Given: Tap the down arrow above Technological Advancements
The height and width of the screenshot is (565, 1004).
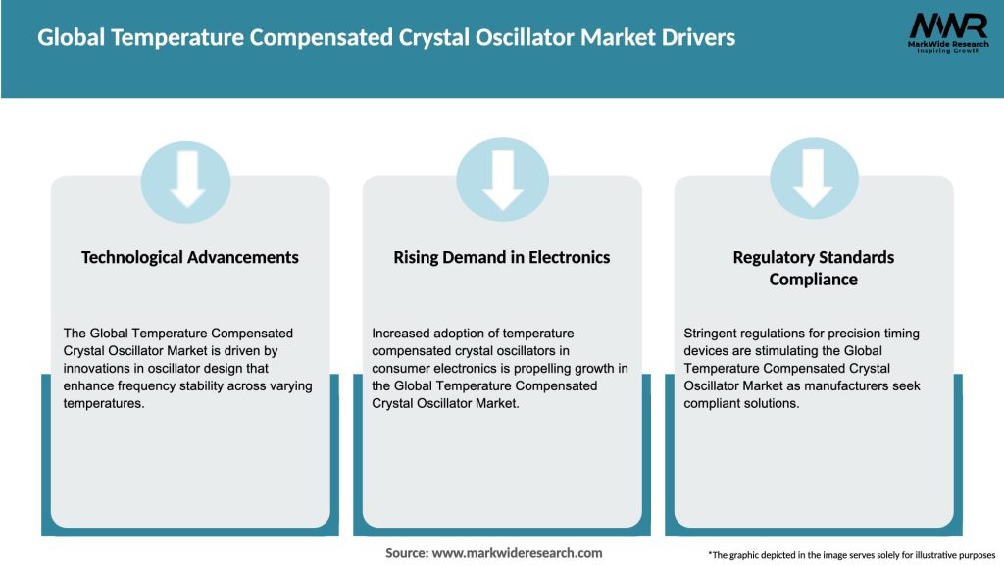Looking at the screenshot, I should [186, 179].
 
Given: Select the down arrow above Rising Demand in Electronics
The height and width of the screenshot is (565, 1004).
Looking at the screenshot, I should [502, 179].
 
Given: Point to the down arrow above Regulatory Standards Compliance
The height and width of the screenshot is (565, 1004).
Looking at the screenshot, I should [813, 179].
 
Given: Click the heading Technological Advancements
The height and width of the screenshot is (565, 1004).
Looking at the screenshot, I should [190, 257].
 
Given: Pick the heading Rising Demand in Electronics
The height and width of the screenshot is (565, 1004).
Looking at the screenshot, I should [502, 257].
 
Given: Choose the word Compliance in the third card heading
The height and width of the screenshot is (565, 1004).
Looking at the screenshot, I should [814, 280].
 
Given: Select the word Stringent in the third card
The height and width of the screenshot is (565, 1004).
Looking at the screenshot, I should [712, 334].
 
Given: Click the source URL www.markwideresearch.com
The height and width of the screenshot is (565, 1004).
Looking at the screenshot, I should [517, 553].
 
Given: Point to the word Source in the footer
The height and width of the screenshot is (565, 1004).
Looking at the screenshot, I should [406, 553].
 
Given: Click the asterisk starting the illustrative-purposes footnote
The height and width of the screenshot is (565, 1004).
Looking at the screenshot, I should [710, 554].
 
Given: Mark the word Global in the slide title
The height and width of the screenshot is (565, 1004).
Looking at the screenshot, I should [72, 38].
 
